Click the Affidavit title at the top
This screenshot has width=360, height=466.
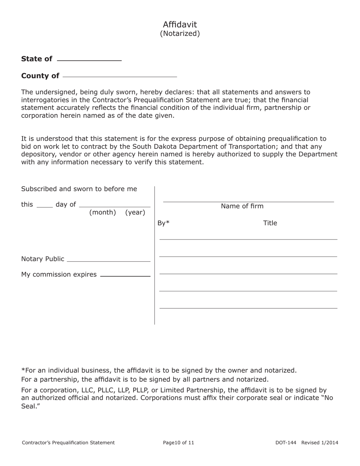click(180, 25)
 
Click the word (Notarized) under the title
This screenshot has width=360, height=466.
click(180, 34)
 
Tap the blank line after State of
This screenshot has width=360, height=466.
click(89, 60)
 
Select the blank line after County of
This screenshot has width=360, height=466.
click(120, 76)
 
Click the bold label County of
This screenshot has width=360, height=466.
click(40, 76)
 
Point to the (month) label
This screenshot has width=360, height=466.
click(102, 213)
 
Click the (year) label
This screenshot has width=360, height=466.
click(135, 213)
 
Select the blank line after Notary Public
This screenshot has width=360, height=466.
click(108, 261)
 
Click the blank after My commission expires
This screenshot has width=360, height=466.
click(125, 276)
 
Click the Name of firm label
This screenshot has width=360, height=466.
click(242, 206)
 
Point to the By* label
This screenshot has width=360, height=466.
click(163, 223)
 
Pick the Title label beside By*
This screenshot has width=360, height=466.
click(270, 223)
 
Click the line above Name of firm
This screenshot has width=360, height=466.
click(248, 202)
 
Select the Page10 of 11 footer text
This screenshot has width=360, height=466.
click(178, 443)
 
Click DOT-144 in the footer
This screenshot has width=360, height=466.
click(286, 443)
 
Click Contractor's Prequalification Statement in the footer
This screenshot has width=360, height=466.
click(68, 443)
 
